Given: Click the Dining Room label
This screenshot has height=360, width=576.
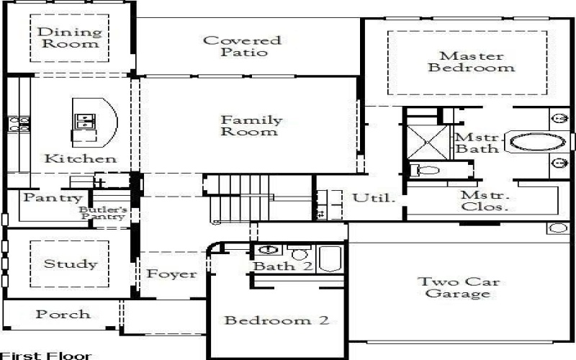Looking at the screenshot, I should click(68, 37).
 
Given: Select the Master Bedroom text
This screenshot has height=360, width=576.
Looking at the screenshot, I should click(472, 62).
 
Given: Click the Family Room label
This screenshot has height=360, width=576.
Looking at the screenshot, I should click(251, 126).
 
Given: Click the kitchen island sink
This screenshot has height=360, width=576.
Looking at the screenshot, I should click(84, 120).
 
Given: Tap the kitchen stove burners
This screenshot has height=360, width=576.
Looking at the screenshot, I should click(19, 124).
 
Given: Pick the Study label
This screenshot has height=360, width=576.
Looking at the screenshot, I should click(70, 264).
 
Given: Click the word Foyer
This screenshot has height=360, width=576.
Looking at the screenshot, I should click(171, 274).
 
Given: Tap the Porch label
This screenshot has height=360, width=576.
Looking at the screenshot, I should click(63, 314).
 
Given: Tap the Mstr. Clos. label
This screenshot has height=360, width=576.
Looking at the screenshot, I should click(485, 200).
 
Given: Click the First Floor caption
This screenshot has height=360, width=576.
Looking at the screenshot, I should click(46, 355).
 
